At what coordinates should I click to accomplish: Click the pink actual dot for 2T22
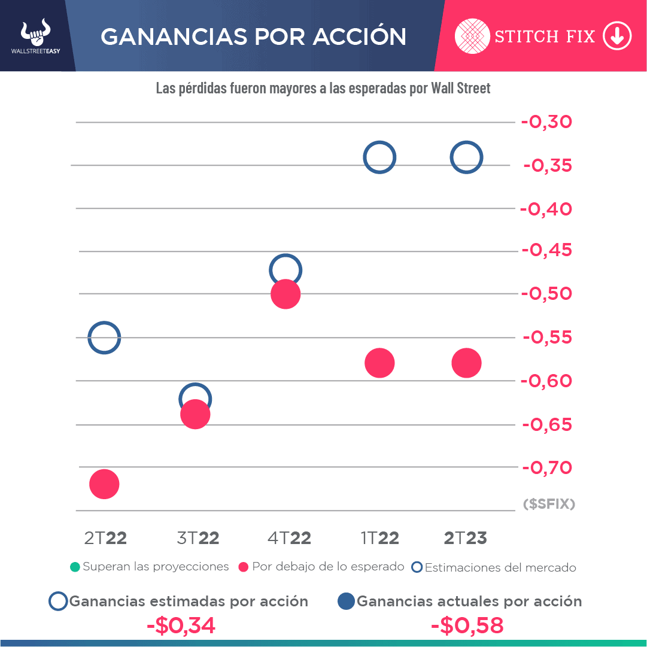(104, 484)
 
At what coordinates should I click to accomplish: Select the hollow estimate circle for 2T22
(104, 338)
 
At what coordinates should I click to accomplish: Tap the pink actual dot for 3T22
(195, 415)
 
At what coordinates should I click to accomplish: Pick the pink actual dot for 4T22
(285, 294)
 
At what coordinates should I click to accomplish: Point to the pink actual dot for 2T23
(467, 363)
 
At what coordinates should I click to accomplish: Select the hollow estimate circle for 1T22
(379, 157)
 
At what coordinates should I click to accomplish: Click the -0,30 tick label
(547, 122)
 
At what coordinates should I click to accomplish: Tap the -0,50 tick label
(547, 294)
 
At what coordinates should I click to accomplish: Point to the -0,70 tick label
(547, 467)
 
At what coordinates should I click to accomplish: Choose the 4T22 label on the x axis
(289, 538)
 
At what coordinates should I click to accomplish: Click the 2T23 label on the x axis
(466, 538)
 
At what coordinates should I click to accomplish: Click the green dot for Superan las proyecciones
(74, 567)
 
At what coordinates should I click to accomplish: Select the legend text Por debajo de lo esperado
(328, 567)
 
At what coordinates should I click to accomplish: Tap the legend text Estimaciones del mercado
(500, 567)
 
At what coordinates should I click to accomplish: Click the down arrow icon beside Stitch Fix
(617, 37)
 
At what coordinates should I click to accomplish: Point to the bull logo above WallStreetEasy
(36, 33)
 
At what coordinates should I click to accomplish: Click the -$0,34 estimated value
(181, 625)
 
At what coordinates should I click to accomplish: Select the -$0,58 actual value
(467, 625)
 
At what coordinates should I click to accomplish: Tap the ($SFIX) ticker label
(549, 504)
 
